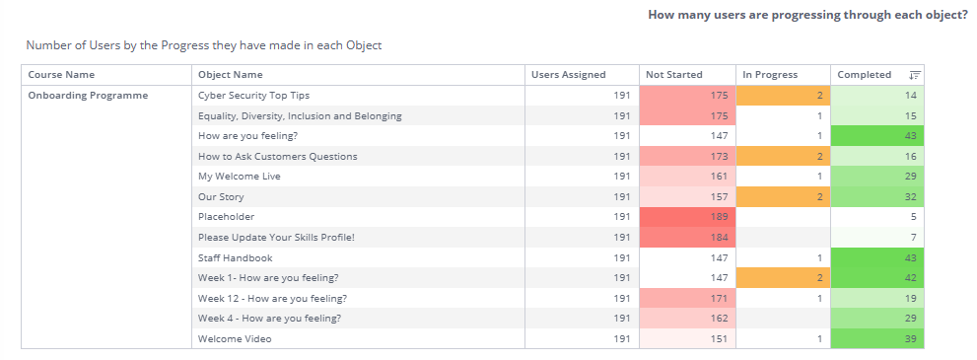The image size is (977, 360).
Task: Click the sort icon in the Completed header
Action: tap(914, 75)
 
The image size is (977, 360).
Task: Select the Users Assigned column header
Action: tap(568, 75)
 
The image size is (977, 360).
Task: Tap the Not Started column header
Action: tap(673, 75)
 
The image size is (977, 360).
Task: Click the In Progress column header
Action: tap(770, 75)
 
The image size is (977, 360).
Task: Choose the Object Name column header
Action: tap(230, 75)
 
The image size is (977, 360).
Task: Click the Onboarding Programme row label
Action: tap(88, 96)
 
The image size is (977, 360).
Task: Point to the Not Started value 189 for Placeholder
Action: tap(719, 217)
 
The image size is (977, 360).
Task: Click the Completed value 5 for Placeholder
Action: tap(914, 217)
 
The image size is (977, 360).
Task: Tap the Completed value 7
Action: tap(914, 238)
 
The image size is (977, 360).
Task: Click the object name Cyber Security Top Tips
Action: tap(253, 96)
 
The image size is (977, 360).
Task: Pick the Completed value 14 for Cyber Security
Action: tap(911, 96)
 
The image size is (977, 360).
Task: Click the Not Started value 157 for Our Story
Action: tap(719, 197)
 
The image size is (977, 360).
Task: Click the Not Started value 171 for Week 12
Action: tap(719, 298)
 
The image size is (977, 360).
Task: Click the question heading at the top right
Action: tap(808, 15)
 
